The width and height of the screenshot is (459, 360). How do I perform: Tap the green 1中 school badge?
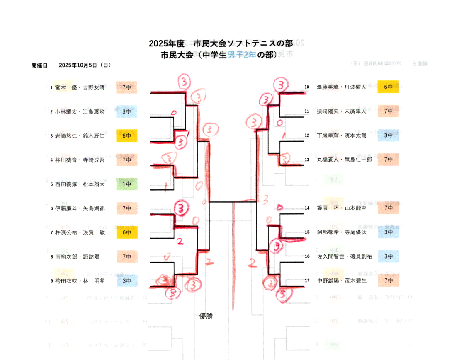point(127,184)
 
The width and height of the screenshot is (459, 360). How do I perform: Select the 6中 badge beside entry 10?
point(388,87)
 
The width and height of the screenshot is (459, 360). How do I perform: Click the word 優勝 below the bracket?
point(206,317)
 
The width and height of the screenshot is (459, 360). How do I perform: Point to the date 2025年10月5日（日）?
point(85,65)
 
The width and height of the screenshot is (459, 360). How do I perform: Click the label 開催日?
point(39,65)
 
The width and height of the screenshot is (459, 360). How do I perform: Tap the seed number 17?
point(307,280)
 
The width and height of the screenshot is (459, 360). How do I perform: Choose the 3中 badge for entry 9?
point(127,280)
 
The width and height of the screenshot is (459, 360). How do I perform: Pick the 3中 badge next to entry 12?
point(388,135)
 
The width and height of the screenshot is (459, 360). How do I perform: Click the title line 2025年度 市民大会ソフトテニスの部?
point(221,43)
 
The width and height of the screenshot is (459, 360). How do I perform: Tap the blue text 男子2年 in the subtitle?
point(241,55)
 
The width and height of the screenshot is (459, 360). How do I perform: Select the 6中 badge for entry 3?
point(127,135)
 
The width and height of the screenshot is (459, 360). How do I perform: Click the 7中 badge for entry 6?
point(127,208)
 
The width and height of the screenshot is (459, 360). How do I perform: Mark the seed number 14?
point(307,208)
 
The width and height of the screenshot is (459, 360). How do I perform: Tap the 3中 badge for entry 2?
point(127,111)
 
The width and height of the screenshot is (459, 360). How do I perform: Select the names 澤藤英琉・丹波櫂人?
point(341,87)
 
